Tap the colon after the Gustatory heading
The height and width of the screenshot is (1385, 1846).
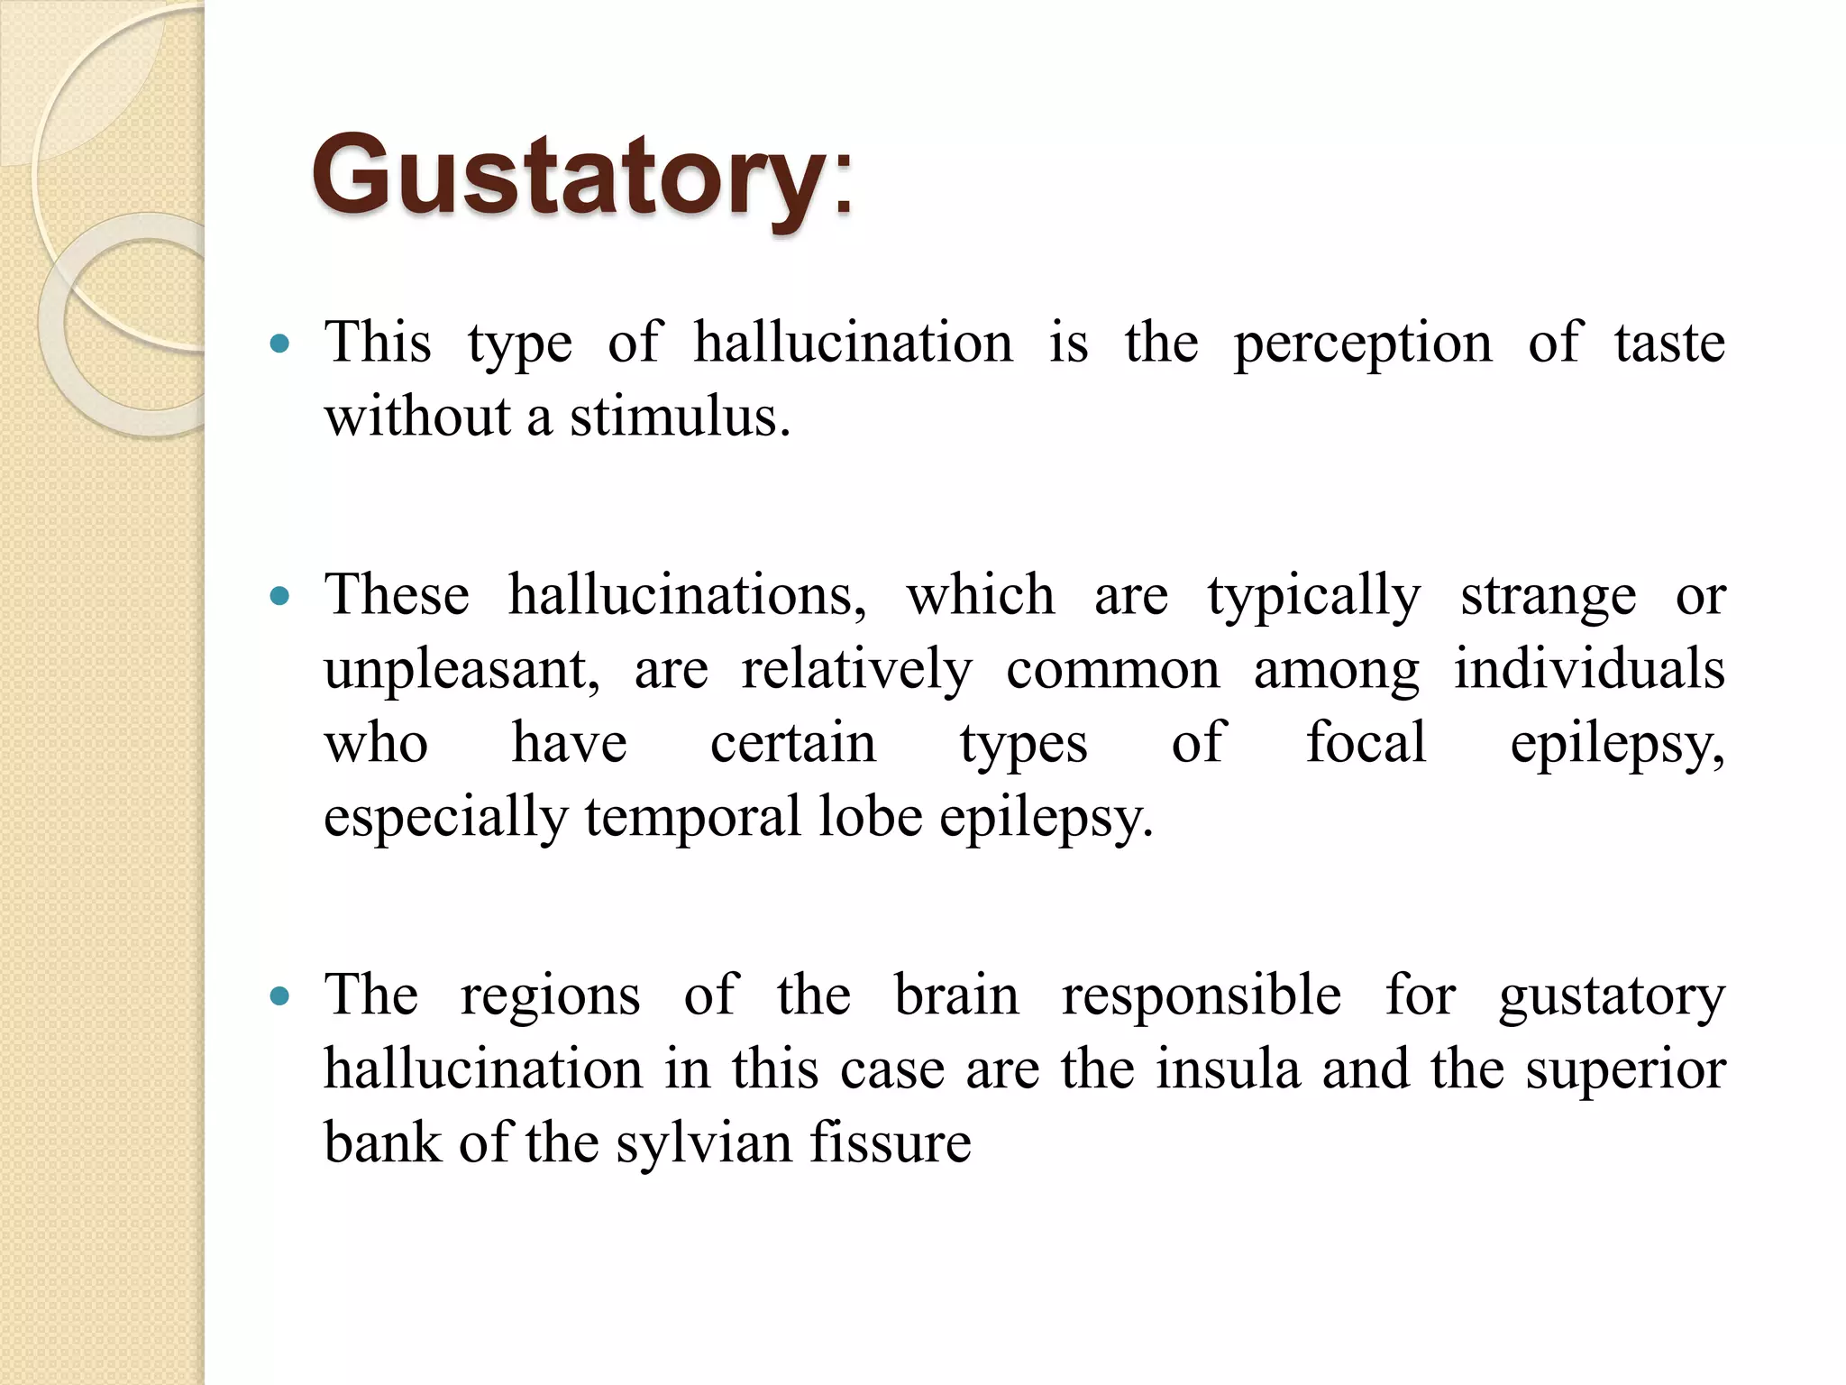pos(843,185)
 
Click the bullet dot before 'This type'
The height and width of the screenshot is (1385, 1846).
pos(280,344)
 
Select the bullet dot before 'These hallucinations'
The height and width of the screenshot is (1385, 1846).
pos(280,596)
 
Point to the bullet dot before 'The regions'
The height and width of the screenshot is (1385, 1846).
pos(280,996)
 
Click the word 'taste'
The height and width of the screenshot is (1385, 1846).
pos(1669,344)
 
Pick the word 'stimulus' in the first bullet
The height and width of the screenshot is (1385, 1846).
pos(679,417)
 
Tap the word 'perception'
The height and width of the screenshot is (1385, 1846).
pos(1362,344)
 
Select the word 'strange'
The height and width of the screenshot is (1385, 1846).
pos(1548,596)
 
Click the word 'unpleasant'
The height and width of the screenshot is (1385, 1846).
pos(461,670)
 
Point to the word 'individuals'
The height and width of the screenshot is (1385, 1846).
pos(1589,670)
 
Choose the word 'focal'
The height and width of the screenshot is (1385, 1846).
pos(1366,744)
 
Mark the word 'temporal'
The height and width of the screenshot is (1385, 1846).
pos(692,818)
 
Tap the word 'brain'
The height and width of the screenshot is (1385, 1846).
pos(955,996)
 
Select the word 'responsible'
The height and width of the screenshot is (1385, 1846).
pos(1201,996)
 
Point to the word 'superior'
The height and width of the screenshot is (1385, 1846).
pos(1625,1070)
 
